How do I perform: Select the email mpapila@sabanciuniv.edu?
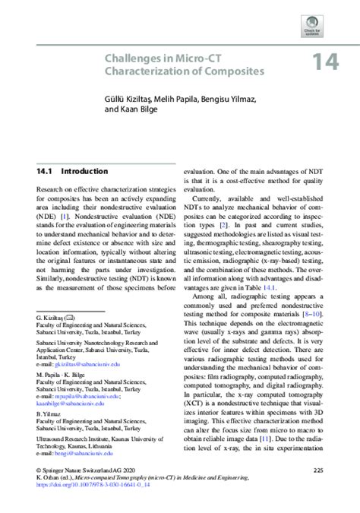tap(84, 395)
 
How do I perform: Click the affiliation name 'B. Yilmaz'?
tap(48, 415)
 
